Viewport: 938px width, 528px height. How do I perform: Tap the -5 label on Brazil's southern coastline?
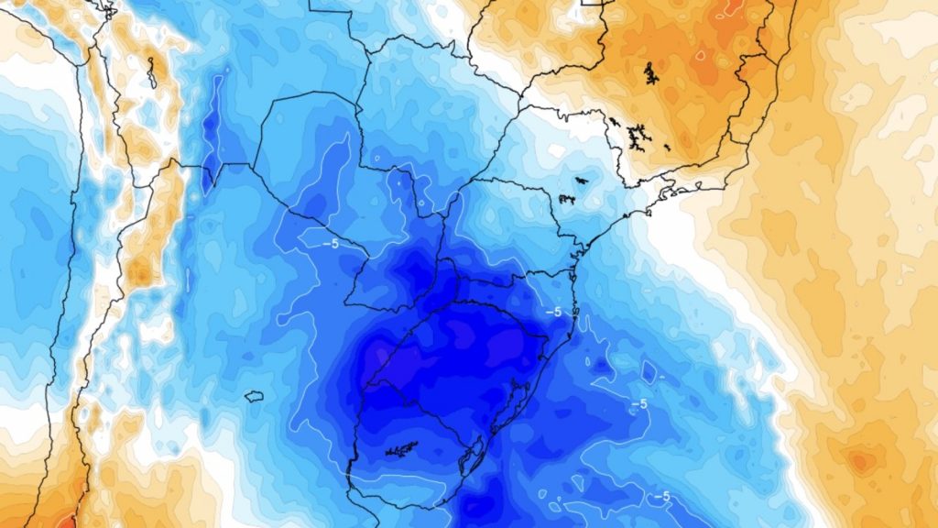point(553,312)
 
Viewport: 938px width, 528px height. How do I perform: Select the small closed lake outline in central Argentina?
point(254,396)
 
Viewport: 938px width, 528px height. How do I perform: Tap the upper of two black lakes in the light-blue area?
point(580,180)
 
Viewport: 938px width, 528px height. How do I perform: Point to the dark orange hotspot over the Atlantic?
point(860,461)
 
